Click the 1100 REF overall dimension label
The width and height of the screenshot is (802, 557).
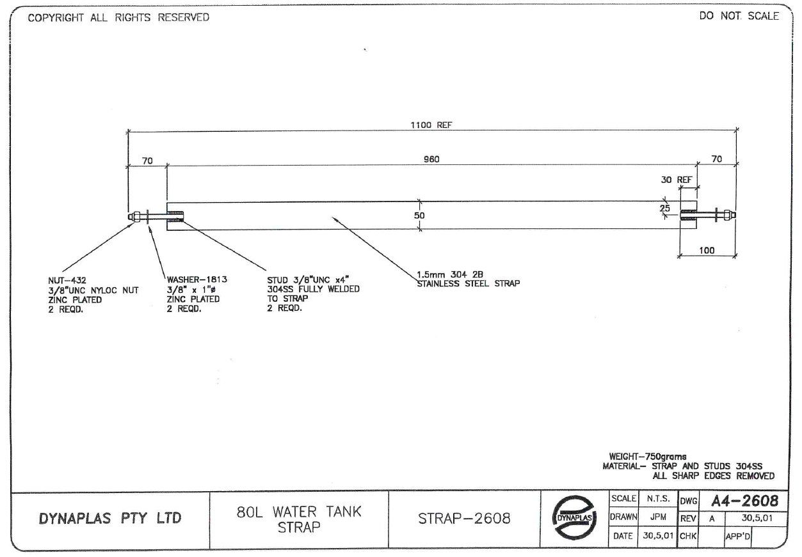click(x=431, y=125)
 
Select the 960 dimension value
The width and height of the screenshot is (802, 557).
click(x=431, y=159)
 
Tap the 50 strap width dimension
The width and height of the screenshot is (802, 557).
click(x=419, y=216)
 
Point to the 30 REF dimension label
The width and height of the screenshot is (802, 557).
click(x=677, y=180)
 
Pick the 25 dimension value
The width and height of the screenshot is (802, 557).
click(x=665, y=208)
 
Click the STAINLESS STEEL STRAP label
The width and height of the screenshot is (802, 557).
click(x=468, y=283)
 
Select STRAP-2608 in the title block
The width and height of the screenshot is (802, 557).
click(x=465, y=519)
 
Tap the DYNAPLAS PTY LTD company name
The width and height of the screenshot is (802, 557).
click(x=110, y=519)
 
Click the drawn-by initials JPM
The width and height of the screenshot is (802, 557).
click(x=657, y=517)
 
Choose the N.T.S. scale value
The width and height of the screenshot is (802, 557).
click(x=657, y=499)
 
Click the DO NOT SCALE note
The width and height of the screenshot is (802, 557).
click(x=739, y=17)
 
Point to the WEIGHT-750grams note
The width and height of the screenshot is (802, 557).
click(x=648, y=457)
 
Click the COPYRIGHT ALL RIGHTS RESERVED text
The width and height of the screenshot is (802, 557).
click(x=118, y=18)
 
